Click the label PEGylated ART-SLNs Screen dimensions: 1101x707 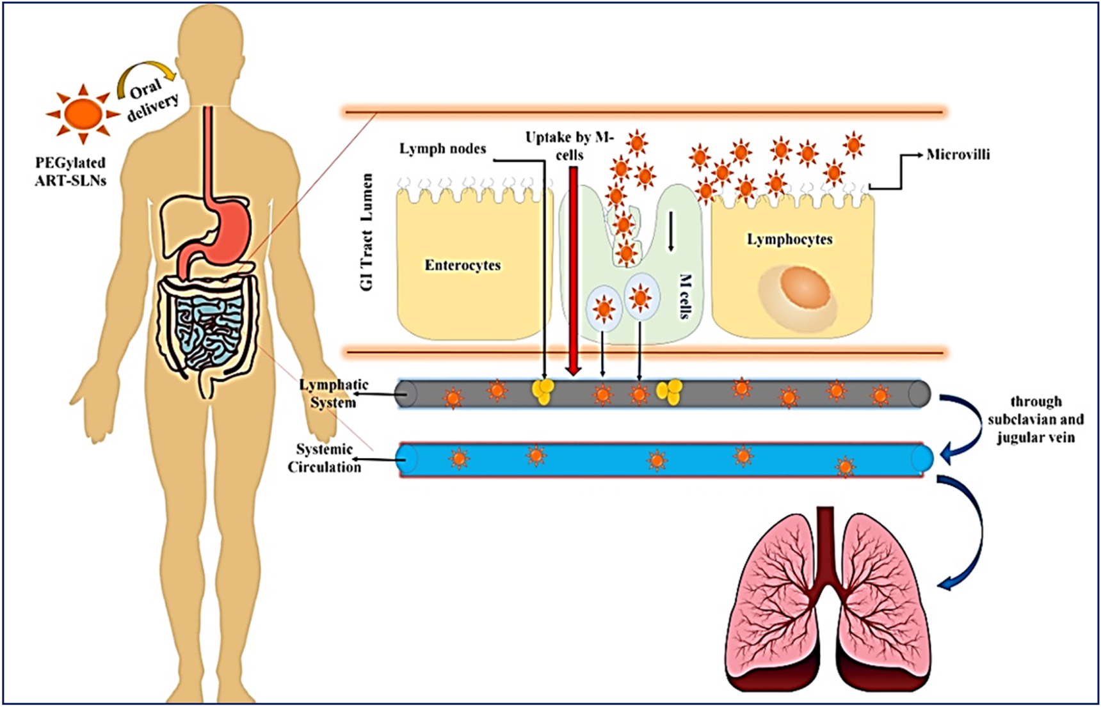click(x=70, y=172)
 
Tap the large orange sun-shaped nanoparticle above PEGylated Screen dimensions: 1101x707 click(x=83, y=113)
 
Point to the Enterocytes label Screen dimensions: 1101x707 click(x=463, y=265)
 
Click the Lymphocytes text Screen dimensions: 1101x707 click(x=790, y=239)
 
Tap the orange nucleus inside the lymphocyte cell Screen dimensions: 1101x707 click(x=805, y=288)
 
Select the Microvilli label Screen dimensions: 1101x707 click(x=958, y=154)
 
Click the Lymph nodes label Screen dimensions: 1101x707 click(x=442, y=148)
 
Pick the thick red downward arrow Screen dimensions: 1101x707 click(x=574, y=271)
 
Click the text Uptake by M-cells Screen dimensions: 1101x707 click(x=569, y=145)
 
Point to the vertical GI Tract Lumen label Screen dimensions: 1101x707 click(x=366, y=232)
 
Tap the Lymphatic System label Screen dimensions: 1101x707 click(x=334, y=393)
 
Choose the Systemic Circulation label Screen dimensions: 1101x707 click(x=324, y=458)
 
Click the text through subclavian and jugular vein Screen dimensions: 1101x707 click(x=1036, y=420)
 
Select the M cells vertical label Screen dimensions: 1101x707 click(x=684, y=296)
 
